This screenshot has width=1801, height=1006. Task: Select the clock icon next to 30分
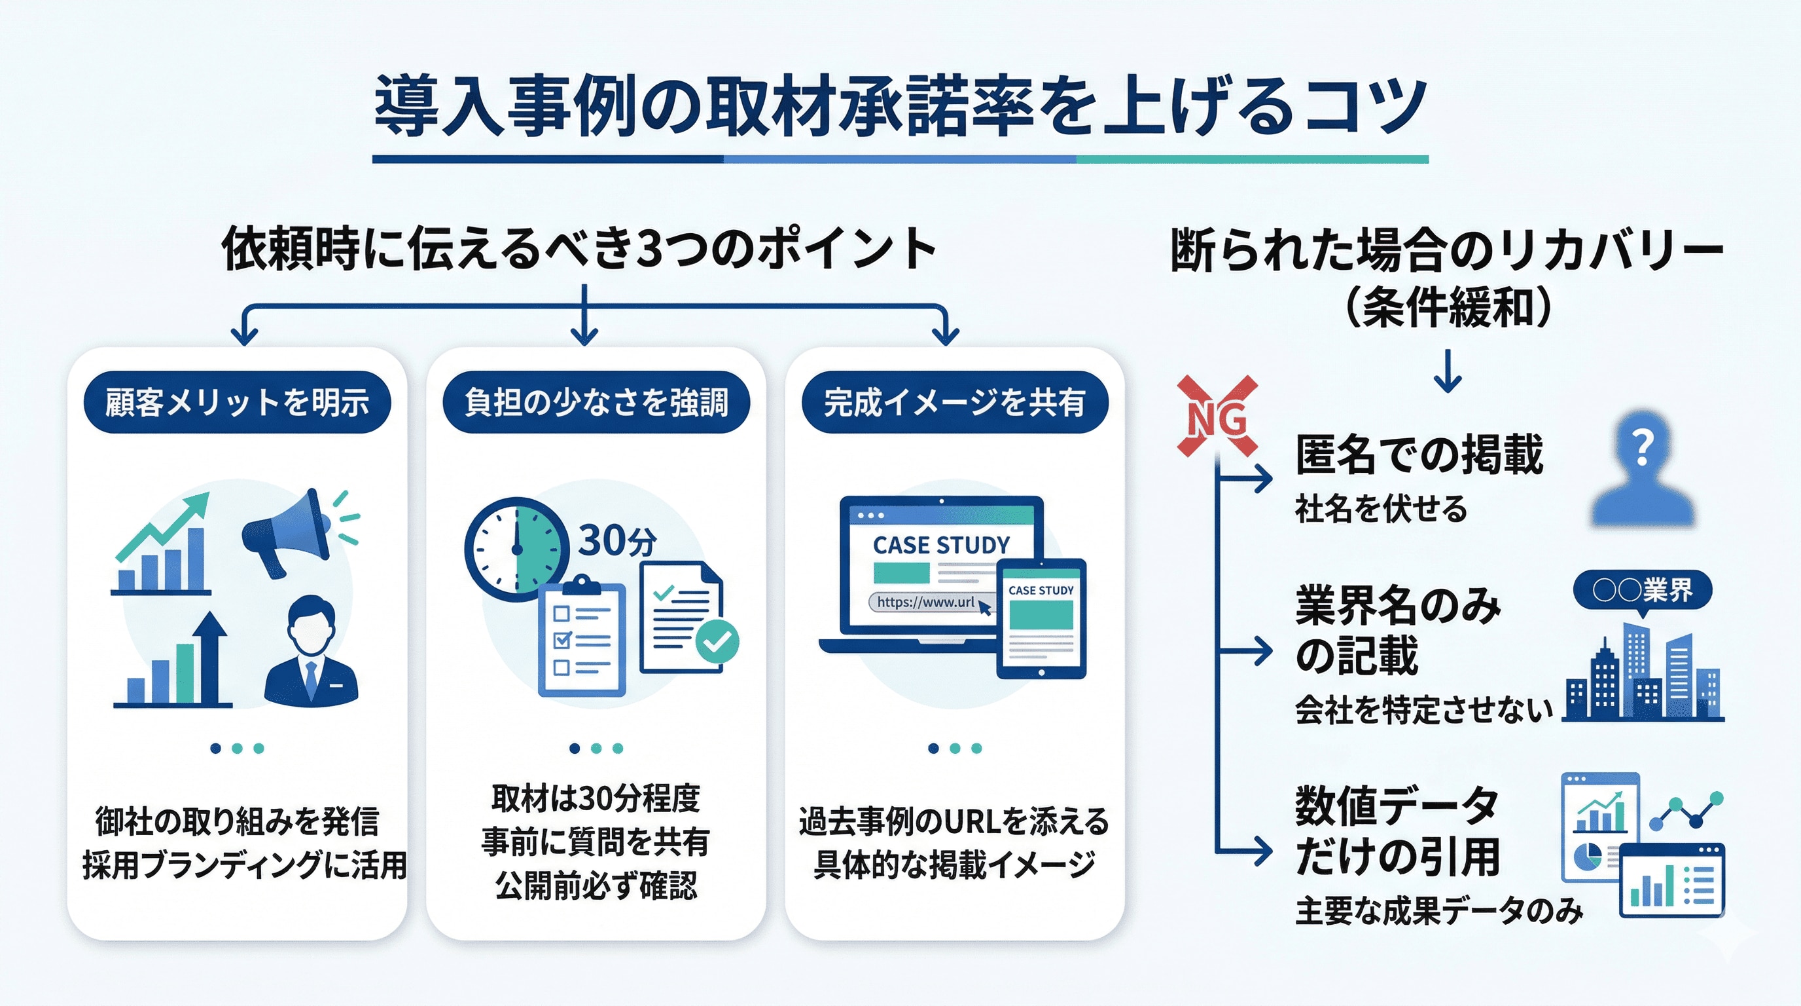point(516,548)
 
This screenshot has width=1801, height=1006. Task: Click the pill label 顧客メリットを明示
point(237,402)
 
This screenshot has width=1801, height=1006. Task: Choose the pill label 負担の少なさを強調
point(596,402)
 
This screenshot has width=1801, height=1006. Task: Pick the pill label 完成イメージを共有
point(954,402)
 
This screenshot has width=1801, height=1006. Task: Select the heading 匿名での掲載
point(1419,455)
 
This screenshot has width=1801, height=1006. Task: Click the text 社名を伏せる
point(1381,509)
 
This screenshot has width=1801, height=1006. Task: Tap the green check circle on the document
point(717,641)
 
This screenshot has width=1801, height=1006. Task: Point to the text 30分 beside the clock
point(617,541)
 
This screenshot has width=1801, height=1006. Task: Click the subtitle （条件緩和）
point(1448,308)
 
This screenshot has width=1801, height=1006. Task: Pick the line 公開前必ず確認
point(596,886)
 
